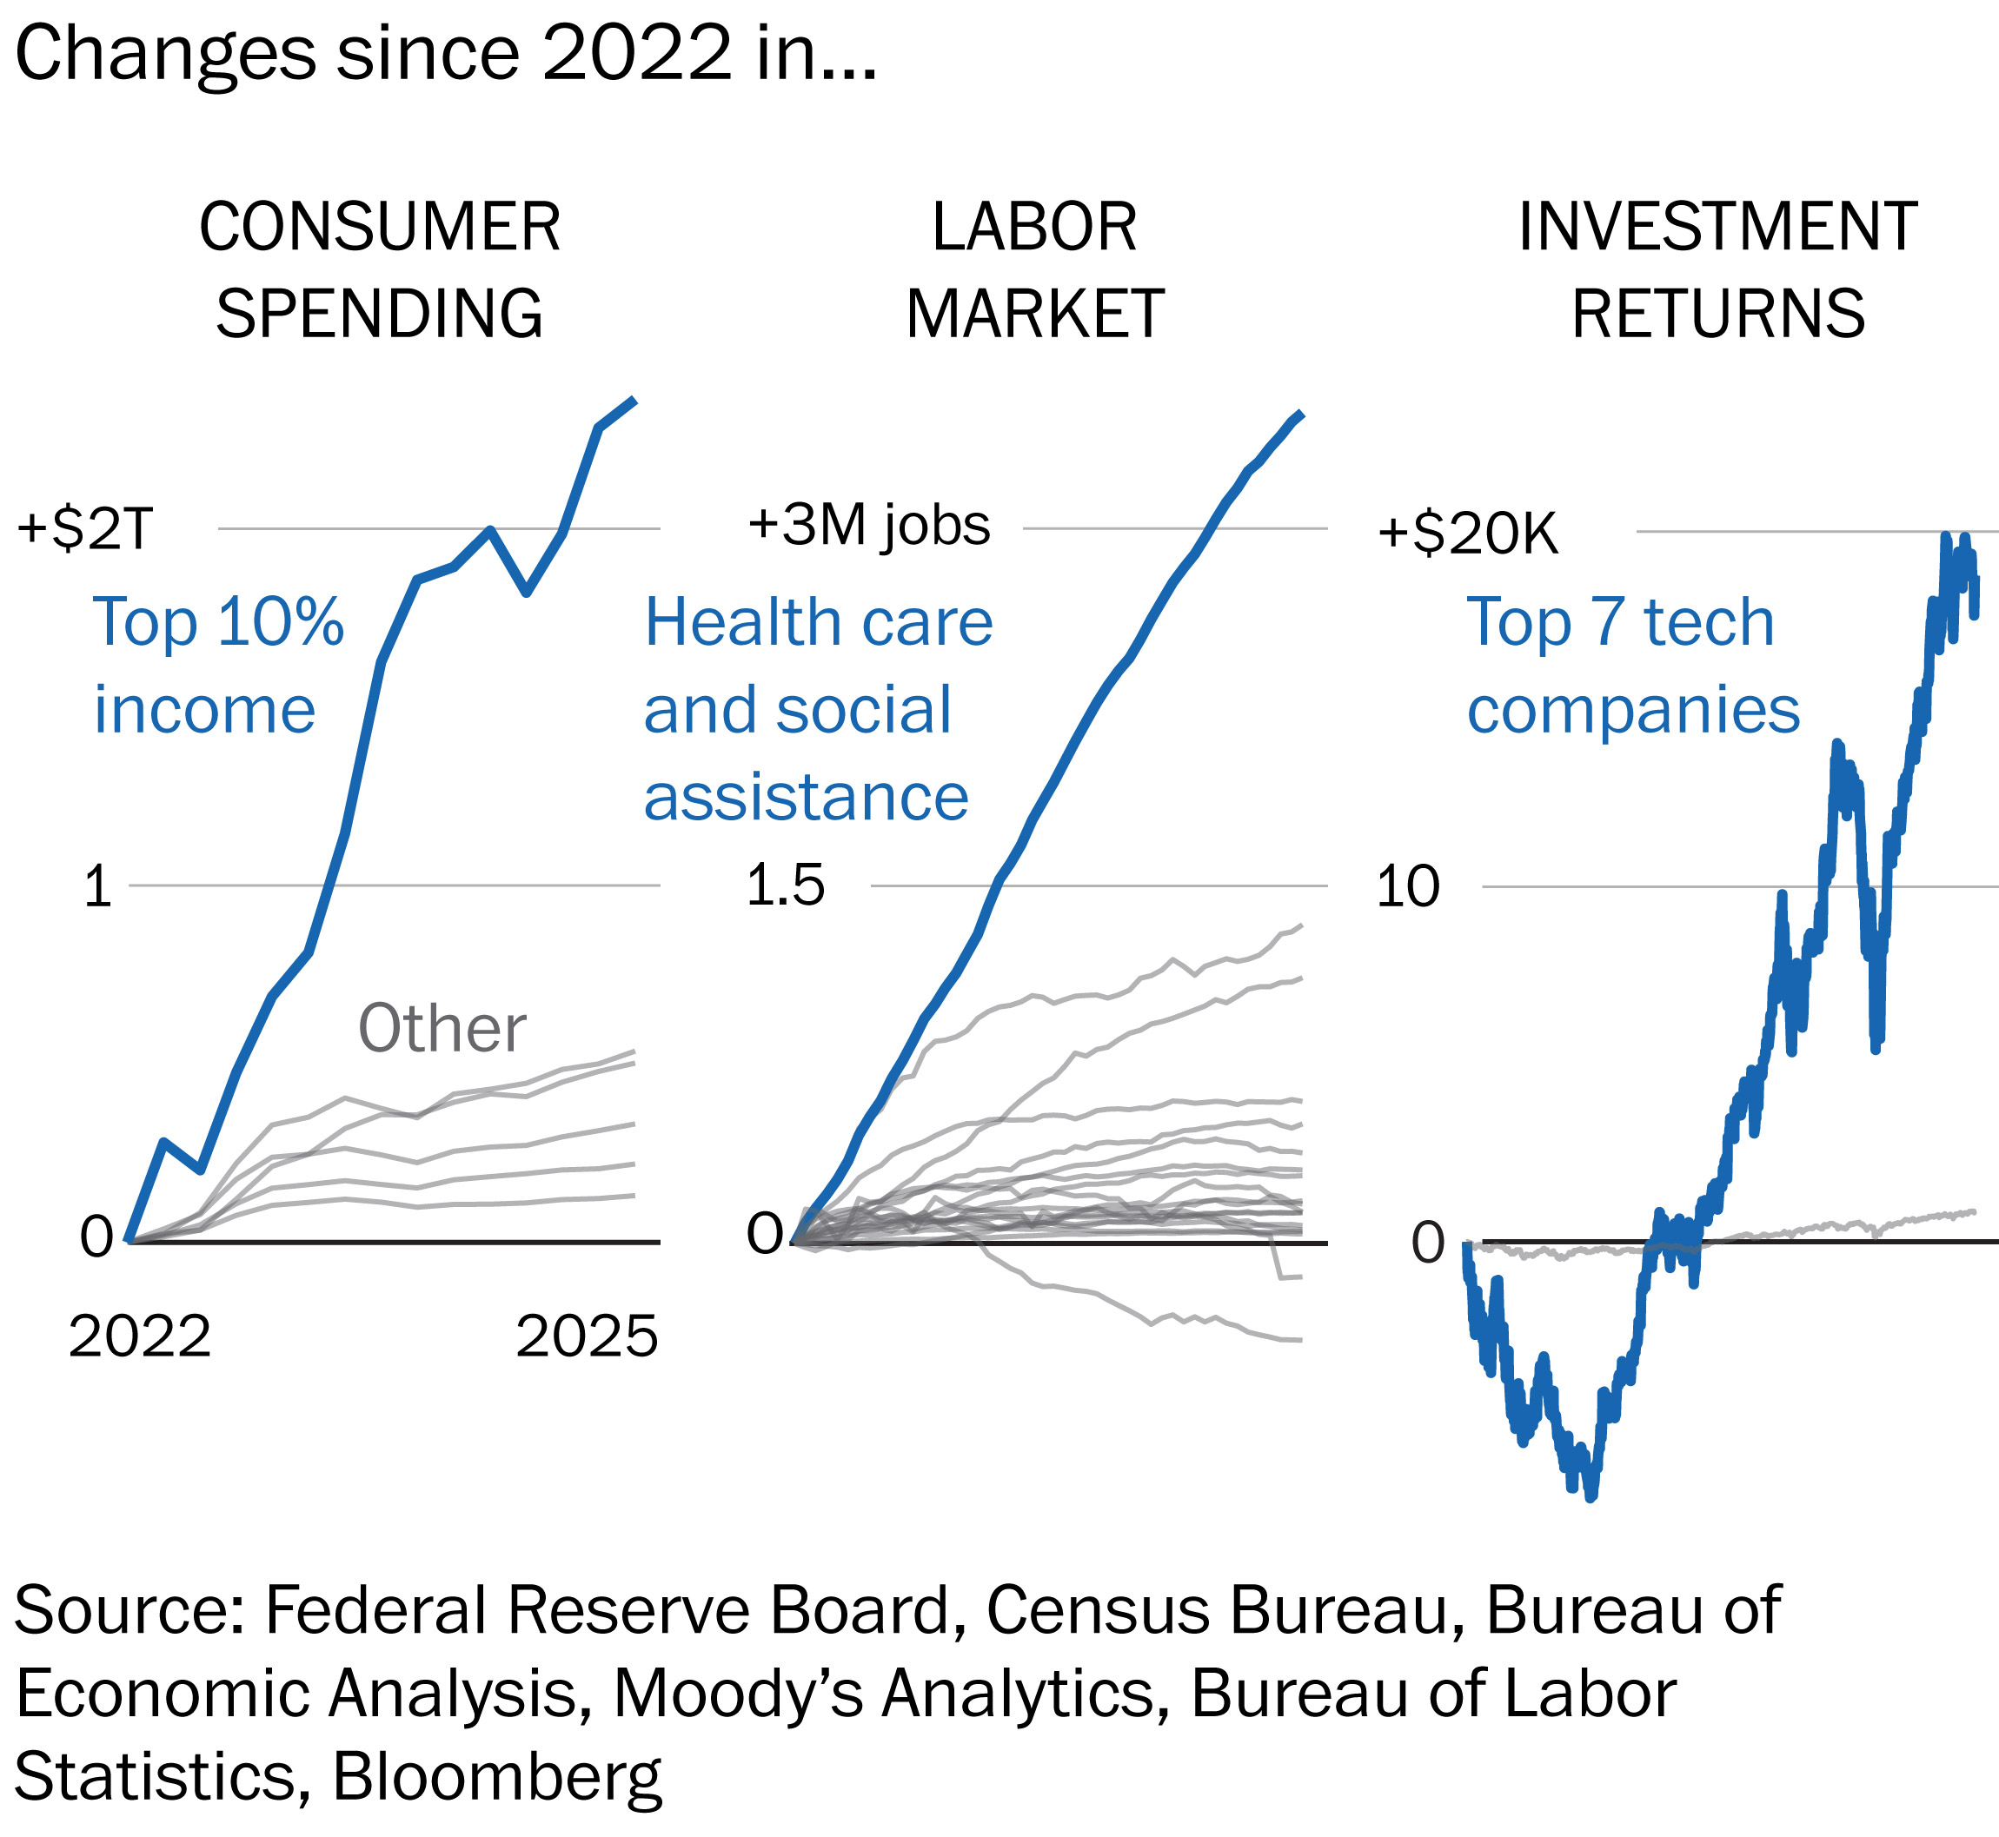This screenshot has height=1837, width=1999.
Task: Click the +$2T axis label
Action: (84, 529)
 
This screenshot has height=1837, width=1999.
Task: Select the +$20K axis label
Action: (1467, 534)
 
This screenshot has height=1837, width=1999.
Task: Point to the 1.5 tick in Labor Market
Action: (786, 885)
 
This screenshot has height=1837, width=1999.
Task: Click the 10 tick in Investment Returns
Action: (1407, 885)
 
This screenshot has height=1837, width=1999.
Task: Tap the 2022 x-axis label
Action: (139, 1336)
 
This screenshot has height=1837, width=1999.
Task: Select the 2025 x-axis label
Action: (587, 1336)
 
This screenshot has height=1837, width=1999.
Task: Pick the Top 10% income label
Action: (217, 665)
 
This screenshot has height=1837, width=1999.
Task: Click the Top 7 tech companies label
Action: (1632, 665)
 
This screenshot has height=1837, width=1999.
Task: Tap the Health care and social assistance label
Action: (817, 709)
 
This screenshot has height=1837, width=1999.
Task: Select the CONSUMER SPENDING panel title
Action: (380, 269)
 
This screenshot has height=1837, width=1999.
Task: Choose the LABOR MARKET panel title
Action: (1033, 269)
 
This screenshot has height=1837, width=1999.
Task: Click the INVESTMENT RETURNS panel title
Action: (1717, 269)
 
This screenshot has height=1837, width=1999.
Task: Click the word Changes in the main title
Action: (165, 54)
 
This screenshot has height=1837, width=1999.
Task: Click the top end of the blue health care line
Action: (1300, 414)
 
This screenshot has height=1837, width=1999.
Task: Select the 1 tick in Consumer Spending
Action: (97, 885)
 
